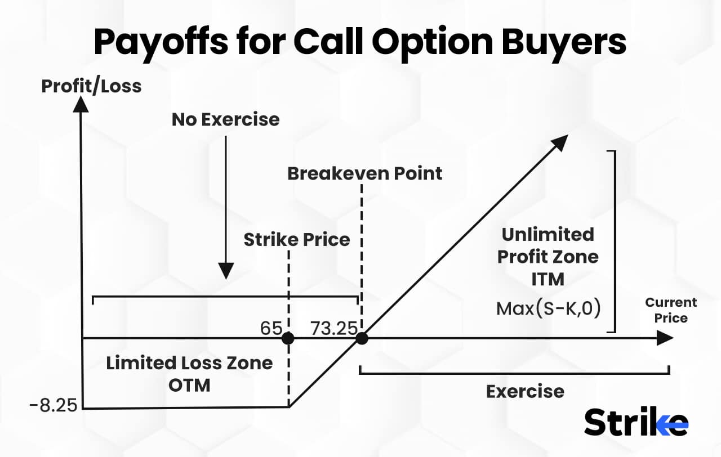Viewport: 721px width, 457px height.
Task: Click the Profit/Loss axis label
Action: [x=91, y=86]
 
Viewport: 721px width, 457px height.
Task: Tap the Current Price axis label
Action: [x=671, y=310]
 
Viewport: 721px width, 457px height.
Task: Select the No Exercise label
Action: [x=225, y=119]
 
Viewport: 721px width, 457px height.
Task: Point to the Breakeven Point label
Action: [x=364, y=173]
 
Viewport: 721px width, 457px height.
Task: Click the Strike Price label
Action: [x=296, y=240]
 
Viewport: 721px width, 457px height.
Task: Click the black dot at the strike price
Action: [x=288, y=338]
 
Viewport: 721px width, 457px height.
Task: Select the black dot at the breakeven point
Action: [x=362, y=338]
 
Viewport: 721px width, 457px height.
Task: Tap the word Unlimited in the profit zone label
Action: [x=548, y=234]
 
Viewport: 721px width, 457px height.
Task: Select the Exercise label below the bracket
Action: [x=525, y=391]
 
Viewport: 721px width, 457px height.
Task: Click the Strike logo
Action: [x=636, y=422]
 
